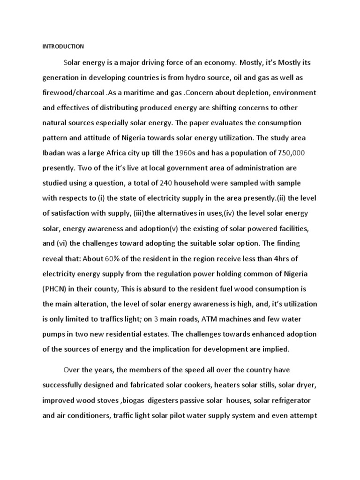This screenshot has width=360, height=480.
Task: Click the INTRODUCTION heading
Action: click(63, 46)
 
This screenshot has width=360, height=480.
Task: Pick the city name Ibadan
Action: click(54, 153)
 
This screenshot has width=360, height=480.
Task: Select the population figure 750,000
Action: click(293, 153)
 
